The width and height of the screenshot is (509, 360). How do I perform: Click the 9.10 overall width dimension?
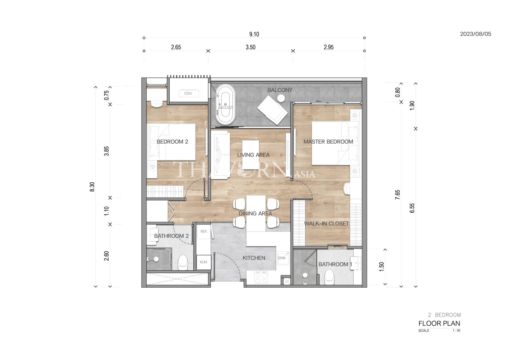coord(254,34)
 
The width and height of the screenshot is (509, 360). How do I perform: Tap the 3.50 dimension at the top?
coord(251,47)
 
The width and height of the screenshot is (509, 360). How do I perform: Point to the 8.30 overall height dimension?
coord(92,187)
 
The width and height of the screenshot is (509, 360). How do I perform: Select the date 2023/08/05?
coord(476,34)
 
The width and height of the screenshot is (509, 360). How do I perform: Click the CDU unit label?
coord(188,93)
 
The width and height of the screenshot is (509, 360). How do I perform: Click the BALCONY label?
coord(280,90)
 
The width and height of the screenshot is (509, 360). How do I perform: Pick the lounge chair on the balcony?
coord(272,110)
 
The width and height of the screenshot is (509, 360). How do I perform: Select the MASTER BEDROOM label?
coord(328,142)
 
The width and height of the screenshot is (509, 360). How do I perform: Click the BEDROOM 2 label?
coord(172,142)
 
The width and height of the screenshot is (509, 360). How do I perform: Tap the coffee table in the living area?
coord(250,155)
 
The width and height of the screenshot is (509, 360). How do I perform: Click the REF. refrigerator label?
coord(204,232)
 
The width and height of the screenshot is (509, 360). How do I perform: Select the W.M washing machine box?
coord(204,262)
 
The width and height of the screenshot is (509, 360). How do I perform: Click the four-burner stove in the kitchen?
coord(261,278)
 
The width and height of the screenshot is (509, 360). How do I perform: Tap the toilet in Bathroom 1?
coord(329,277)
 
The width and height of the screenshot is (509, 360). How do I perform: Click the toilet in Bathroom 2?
coord(183,262)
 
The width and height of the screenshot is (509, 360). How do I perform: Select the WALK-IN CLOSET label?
coord(326,223)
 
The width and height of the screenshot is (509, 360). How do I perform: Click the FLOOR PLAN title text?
coord(439,323)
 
